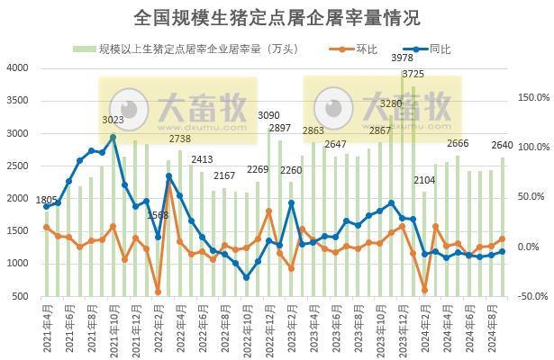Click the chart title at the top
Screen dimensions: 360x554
pyautogui.click(x=277, y=17)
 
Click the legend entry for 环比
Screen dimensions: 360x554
pyautogui.click(x=364, y=49)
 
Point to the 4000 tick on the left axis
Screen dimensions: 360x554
pyautogui.click(x=18, y=68)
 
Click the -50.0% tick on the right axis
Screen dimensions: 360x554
pyautogui.click(x=529, y=296)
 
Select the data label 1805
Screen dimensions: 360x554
pyautogui.click(x=46, y=199)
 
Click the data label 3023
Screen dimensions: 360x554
pyautogui.click(x=113, y=120)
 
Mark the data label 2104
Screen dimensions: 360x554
pyautogui.click(x=424, y=180)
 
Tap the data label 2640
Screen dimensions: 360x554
pyautogui.click(x=502, y=145)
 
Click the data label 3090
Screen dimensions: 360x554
pyautogui.click(x=268, y=115)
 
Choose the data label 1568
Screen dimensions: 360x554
pyautogui.click(x=158, y=214)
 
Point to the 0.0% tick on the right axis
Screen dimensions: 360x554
pyautogui.click(x=531, y=247)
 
